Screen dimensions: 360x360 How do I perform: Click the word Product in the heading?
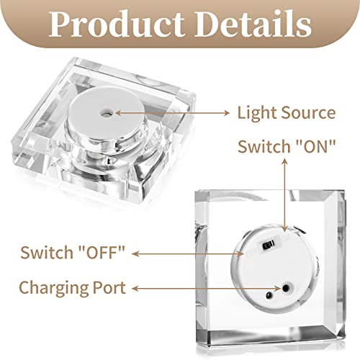click(117, 24)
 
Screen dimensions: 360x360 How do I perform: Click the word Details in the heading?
click(253, 24)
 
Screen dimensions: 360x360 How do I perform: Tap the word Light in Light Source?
click(256, 113)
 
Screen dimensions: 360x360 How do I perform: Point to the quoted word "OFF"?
click(102, 252)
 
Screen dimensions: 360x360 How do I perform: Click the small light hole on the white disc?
click(105, 113)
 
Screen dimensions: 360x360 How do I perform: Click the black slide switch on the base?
click(269, 245)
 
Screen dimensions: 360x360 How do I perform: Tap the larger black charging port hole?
click(286, 287)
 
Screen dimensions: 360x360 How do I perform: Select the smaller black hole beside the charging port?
click(269, 295)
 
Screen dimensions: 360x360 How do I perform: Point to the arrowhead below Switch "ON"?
click(284, 162)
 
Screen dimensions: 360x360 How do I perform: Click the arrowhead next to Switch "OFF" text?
click(135, 253)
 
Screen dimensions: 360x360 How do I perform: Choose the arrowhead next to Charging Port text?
click(135, 289)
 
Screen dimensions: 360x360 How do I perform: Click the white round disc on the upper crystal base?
click(105, 113)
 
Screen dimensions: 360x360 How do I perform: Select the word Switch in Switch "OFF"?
click(47, 253)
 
